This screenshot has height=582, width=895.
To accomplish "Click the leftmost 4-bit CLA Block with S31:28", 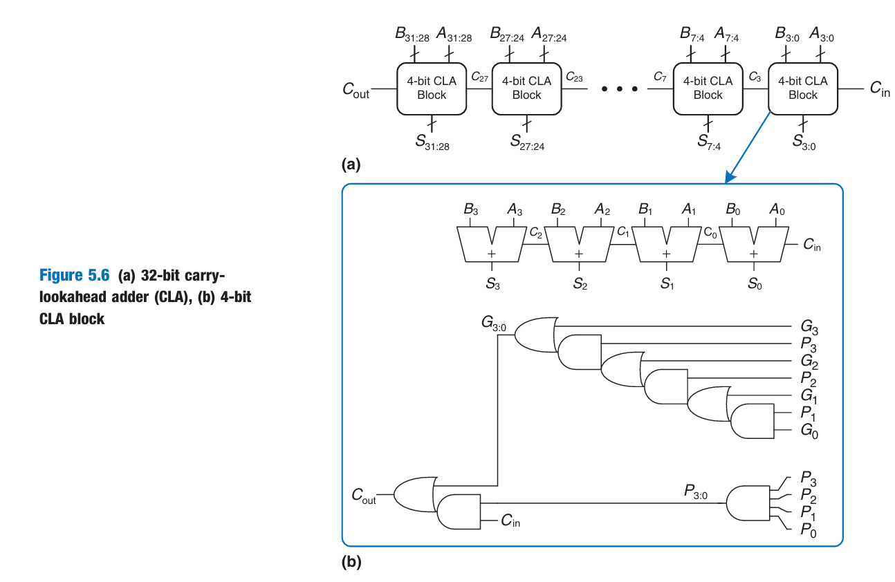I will coord(431,88).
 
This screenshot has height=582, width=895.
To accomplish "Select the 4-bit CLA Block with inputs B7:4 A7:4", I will coord(708,88).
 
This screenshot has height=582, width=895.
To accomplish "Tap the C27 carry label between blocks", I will coord(479,78).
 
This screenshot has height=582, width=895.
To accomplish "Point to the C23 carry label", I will coord(574,78).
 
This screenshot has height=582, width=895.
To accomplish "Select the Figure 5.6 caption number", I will coord(74,275).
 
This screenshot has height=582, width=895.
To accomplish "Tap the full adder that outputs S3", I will coord(492,246).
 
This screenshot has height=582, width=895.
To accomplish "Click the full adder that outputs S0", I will coord(753,246).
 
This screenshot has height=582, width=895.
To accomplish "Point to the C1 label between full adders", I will coord(622,232).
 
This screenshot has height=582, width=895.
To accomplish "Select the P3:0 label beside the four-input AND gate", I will coord(695,491).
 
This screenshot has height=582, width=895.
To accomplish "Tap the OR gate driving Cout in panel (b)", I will coord(413,494).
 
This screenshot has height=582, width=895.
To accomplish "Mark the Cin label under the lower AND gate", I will coord(510,522).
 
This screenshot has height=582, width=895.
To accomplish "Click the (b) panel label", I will coord(351,563).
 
